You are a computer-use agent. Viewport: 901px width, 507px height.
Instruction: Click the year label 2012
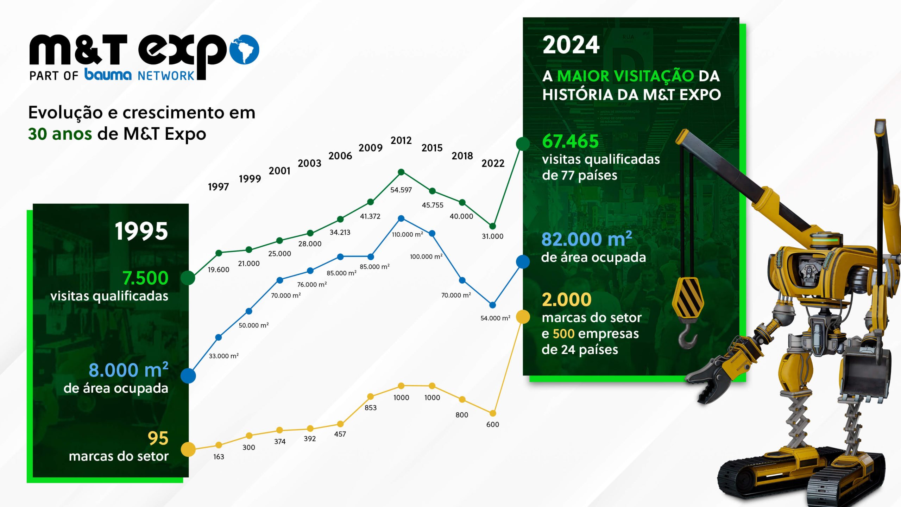401,140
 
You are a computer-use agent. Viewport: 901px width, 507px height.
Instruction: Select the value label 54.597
401,190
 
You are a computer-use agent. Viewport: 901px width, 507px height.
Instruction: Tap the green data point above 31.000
493,226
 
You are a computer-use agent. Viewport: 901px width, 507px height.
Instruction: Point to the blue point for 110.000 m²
401,218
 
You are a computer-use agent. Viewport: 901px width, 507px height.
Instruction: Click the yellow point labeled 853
370,397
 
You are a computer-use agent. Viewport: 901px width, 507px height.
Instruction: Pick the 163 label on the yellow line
219,457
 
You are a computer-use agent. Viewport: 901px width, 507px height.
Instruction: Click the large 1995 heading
141,231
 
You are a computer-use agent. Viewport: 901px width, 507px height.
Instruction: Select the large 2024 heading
571,45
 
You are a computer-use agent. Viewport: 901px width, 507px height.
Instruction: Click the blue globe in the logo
245,49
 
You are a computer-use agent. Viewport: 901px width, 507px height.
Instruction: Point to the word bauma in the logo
108,75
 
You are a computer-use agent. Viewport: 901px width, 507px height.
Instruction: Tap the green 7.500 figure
145,278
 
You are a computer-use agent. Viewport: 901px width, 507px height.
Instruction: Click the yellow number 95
158,438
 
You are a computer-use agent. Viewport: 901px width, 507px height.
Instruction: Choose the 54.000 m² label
495,318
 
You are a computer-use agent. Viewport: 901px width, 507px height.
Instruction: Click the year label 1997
218,187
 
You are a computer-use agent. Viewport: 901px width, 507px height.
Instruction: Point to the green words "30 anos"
60,134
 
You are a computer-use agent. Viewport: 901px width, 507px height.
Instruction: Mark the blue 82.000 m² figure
586,239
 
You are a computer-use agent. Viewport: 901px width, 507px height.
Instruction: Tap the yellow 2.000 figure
567,300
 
